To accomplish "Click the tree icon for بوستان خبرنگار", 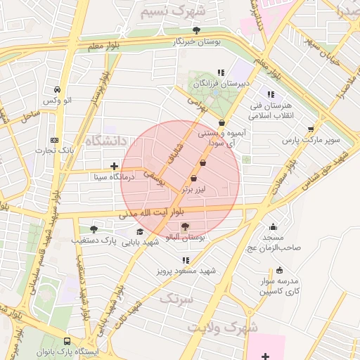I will point(196,30).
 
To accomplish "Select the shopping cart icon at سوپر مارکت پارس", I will point(311,129).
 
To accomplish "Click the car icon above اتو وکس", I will point(56,90).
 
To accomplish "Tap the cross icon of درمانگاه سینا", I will point(114,166).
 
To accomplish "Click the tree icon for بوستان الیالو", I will point(185,226).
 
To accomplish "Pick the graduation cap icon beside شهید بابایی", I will point(140,231).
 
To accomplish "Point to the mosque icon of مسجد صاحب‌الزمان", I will point(273,226).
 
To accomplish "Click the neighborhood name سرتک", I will point(175,299).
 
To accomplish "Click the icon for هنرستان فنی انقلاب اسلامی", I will point(270,94).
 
